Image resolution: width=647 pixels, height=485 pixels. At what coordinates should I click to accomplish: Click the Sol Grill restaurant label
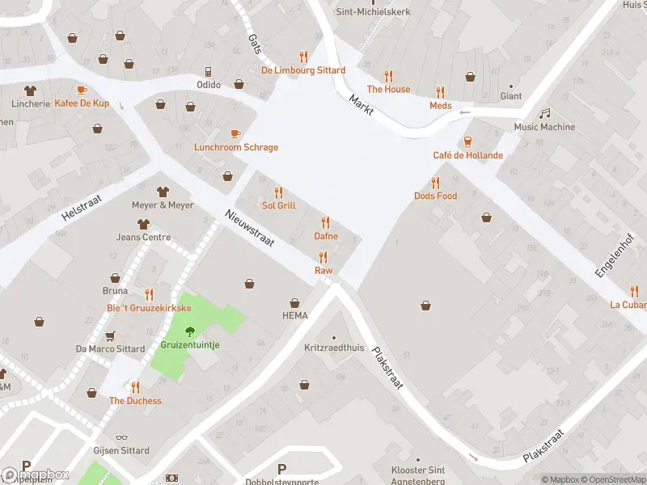(279, 205)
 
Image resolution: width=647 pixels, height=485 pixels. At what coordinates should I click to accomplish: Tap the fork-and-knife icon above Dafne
(326, 222)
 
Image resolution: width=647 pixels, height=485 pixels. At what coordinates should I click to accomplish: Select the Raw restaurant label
(323, 271)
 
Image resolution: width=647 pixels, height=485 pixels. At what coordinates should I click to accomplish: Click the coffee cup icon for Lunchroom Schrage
(235, 133)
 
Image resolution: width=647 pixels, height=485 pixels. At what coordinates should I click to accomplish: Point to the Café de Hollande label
(467, 155)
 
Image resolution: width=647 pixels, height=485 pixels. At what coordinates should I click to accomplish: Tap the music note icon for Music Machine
(545, 113)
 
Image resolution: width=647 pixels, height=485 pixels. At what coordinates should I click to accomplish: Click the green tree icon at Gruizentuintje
(190, 331)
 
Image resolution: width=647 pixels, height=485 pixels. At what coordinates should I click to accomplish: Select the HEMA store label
(294, 315)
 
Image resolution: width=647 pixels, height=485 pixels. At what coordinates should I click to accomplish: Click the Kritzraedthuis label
(334, 348)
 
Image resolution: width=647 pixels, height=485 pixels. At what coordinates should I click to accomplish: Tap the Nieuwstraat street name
(251, 227)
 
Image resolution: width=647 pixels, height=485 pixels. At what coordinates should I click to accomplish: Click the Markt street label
(361, 105)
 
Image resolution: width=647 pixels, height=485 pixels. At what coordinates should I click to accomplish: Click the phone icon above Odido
(208, 71)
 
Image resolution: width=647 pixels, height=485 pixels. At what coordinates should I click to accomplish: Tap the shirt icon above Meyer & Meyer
(163, 192)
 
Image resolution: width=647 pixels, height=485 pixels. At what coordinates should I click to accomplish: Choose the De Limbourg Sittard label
(303, 70)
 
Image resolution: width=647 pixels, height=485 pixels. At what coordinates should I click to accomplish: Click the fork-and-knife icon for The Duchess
(135, 387)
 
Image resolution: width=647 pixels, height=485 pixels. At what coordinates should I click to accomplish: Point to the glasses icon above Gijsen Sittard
(122, 437)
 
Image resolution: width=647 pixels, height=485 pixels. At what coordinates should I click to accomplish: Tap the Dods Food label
(435, 196)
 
